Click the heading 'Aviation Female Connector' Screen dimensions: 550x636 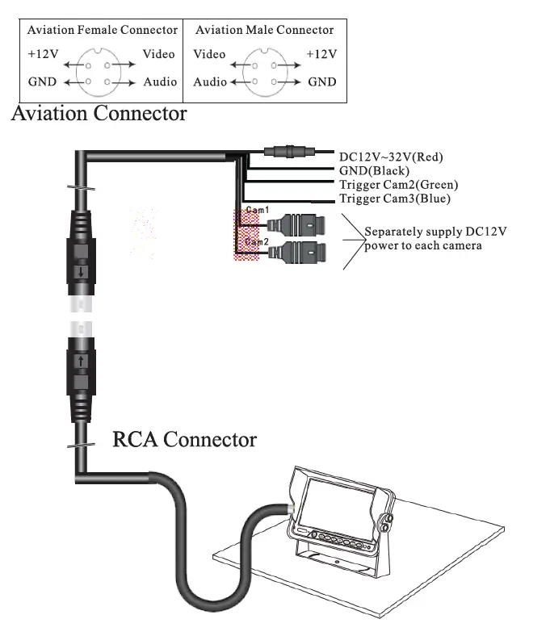[103, 30]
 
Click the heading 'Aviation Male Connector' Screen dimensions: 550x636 [265, 30]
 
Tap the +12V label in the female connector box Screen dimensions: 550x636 [44, 54]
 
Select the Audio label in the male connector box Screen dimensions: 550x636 [210, 82]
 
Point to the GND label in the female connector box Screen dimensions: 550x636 [42, 82]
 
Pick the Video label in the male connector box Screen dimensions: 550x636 [209, 54]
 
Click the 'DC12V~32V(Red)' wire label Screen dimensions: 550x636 [391, 157]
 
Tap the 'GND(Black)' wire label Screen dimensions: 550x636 [374, 171]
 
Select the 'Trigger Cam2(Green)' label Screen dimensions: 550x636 [399, 185]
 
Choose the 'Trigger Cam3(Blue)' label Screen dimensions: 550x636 [395, 199]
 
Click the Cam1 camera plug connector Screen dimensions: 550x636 [296, 224]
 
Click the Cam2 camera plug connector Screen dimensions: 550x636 [296, 253]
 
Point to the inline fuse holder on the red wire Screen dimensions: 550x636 [289, 152]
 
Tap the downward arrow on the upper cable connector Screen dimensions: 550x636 [82, 272]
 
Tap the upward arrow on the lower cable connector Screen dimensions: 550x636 [82, 361]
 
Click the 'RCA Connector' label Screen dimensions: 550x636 [184, 439]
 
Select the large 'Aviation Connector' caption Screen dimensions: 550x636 [99, 114]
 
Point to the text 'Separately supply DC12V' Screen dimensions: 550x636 [435, 232]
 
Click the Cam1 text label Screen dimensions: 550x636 [258, 210]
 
